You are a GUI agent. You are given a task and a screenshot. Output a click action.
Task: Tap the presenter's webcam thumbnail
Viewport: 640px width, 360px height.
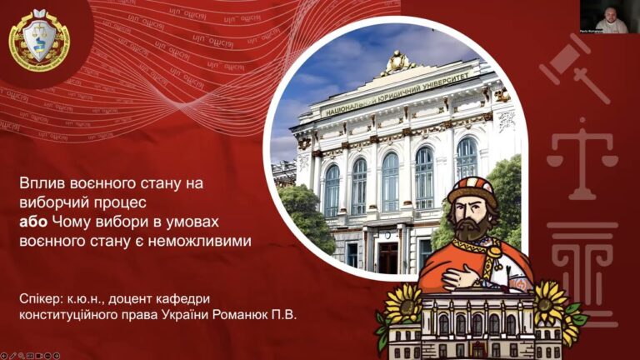click(604, 17)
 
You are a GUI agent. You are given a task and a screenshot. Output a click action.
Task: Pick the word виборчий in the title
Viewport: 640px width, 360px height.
click(51, 202)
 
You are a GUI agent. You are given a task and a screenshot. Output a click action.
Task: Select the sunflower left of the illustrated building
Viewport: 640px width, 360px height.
click(403, 302)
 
